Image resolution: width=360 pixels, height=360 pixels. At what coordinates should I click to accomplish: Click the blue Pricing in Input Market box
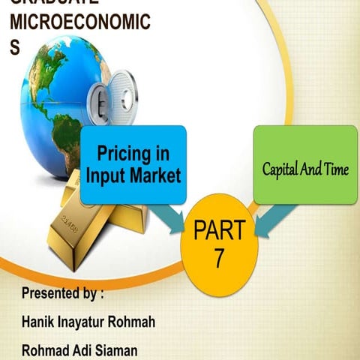133,165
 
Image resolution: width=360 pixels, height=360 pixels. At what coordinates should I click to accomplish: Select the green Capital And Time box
305,164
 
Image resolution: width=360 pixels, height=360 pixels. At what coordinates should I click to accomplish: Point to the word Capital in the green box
280,169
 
